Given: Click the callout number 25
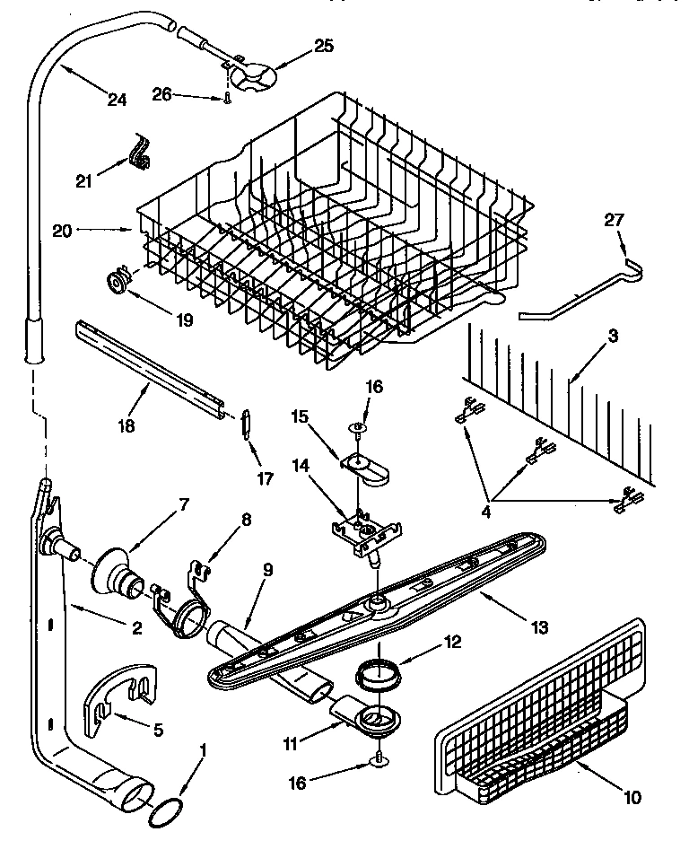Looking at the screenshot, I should point(299,46).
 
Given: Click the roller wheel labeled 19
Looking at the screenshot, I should point(118,283).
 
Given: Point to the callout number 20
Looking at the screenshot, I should point(62,231).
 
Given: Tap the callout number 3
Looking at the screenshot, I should point(612,337).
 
